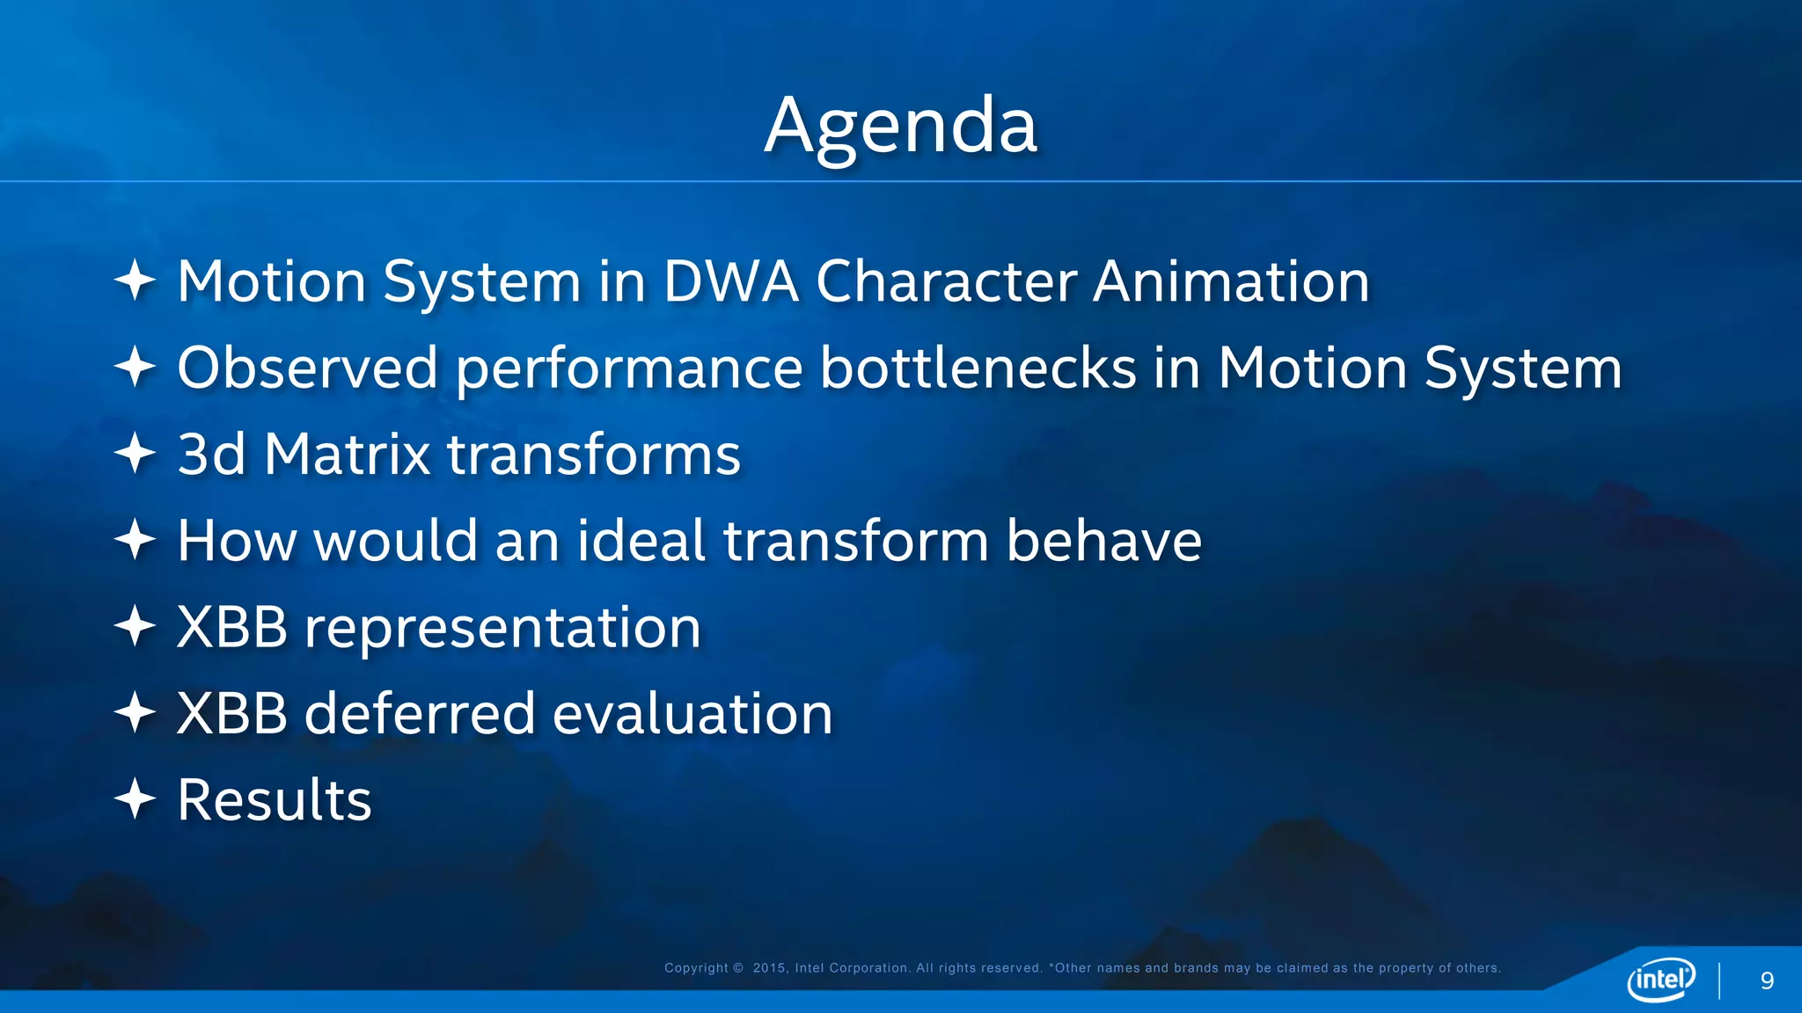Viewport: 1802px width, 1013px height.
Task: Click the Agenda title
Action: (x=901, y=126)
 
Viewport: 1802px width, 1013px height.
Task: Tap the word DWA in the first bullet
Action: (x=730, y=282)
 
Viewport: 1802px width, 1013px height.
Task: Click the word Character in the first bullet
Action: (x=946, y=282)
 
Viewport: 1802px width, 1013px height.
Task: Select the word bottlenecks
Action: (x=978, y=368)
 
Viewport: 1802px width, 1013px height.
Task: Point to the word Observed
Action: (x=307, y=368)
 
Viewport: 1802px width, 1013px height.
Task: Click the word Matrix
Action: (x=347, y=455)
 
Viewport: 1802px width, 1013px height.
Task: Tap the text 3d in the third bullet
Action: (x=211, y=455)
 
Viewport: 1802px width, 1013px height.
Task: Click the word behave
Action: (x=1103, y=540)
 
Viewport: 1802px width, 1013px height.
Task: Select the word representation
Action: (x=502, y=628)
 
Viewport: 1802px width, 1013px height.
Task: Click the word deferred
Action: (x=419, y=713)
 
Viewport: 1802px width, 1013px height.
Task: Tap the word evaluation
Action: (x=692, y=713)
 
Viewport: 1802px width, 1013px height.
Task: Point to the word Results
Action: (x=275, y=800)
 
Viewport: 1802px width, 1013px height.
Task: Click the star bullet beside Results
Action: (x=136, y=799)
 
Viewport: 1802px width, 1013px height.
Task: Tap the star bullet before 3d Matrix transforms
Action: (x=136, y=454)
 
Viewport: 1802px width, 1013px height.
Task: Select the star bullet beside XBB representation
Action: (x=136, y=626)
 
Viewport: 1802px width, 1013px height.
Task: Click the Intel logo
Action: (x=1660, y=979)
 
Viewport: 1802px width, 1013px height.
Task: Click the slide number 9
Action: (x=1767, y=981)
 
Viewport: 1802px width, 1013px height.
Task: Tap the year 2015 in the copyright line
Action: (x=769, y=968)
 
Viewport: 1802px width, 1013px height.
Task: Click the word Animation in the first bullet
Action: (x=1231, y=282)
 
